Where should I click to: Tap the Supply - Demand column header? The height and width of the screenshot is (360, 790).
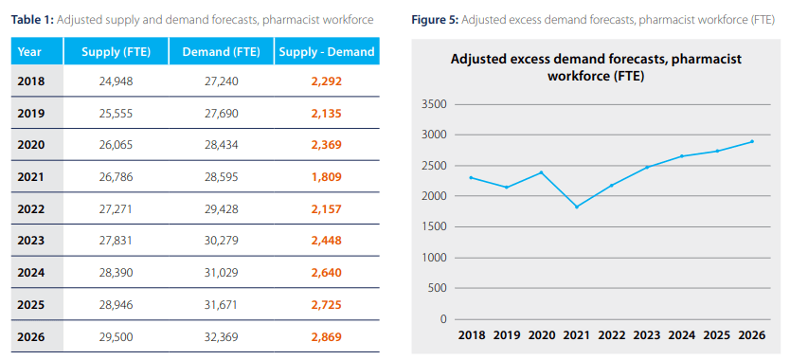tap(326, 50)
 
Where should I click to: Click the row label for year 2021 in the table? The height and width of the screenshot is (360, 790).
tap(31, 176)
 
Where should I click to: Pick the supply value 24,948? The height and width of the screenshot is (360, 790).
tap(116, 81)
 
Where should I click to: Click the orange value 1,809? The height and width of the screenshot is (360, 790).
tap(326, 176)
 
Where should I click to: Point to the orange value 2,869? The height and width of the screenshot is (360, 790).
tap(326, 336)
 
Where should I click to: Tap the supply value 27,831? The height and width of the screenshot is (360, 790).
tap(116, 240)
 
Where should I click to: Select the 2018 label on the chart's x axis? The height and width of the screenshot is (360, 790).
tap(472, 334)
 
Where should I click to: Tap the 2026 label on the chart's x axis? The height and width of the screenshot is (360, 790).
tap(752, 334)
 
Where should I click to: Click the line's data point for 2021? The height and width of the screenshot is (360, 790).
tap(577, 207)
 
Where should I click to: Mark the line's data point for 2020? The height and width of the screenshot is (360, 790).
tap(542, 172)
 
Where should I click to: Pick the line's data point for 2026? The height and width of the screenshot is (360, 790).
tap(752, 141)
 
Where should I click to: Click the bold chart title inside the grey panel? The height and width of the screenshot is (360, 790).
tap(596, 67)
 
